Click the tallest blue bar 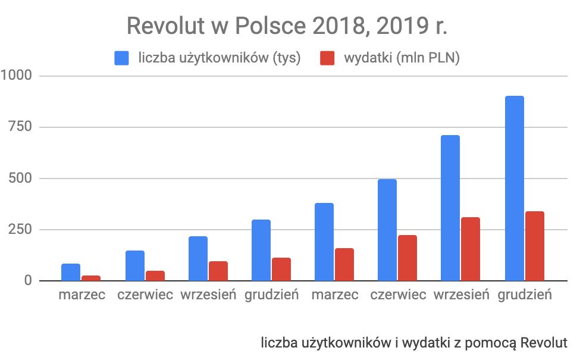[x=514, y=188]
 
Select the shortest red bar [x=91, y=278]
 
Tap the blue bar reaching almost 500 [x=387, y=230]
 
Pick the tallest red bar [x=534, y=246]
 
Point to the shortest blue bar [x=71, y=272]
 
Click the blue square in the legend [x=122, y=58]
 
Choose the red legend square [x=328, y=58]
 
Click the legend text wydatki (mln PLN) [x=402, y=58]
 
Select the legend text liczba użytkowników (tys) [x=219, y=58]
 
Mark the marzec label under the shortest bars [x=82, y=296]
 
